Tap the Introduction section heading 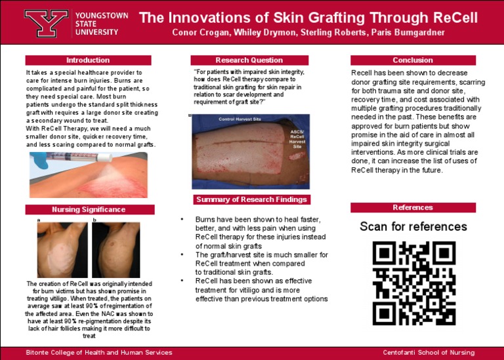tap(88, 60)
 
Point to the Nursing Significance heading tap(90, 210)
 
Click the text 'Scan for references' tap(413, 227)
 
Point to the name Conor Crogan tap(198, 33)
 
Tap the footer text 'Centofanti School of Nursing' tap(429, 353)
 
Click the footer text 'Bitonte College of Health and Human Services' tap(99, 353)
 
